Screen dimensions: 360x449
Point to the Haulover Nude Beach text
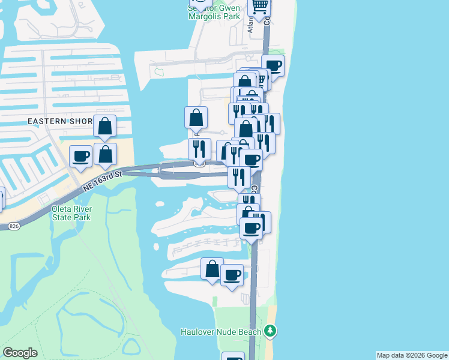point(221,332)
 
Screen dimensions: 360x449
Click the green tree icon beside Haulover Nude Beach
point(271,331)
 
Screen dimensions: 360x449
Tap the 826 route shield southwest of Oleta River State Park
point(14,226)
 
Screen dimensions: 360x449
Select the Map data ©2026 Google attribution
point(412,355)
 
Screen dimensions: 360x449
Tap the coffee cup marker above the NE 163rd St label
point(81,157)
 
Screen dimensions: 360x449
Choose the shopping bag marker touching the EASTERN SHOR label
point(105,126)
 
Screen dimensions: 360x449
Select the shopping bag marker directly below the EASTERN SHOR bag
point(106,154)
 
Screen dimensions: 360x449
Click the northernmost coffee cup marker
point(273,66)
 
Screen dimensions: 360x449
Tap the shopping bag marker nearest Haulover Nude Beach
point(212,269)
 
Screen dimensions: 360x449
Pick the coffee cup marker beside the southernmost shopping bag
point(232,275)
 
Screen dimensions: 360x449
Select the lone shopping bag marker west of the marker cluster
point(196,118)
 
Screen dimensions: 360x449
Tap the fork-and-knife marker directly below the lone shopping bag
point(199,149)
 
